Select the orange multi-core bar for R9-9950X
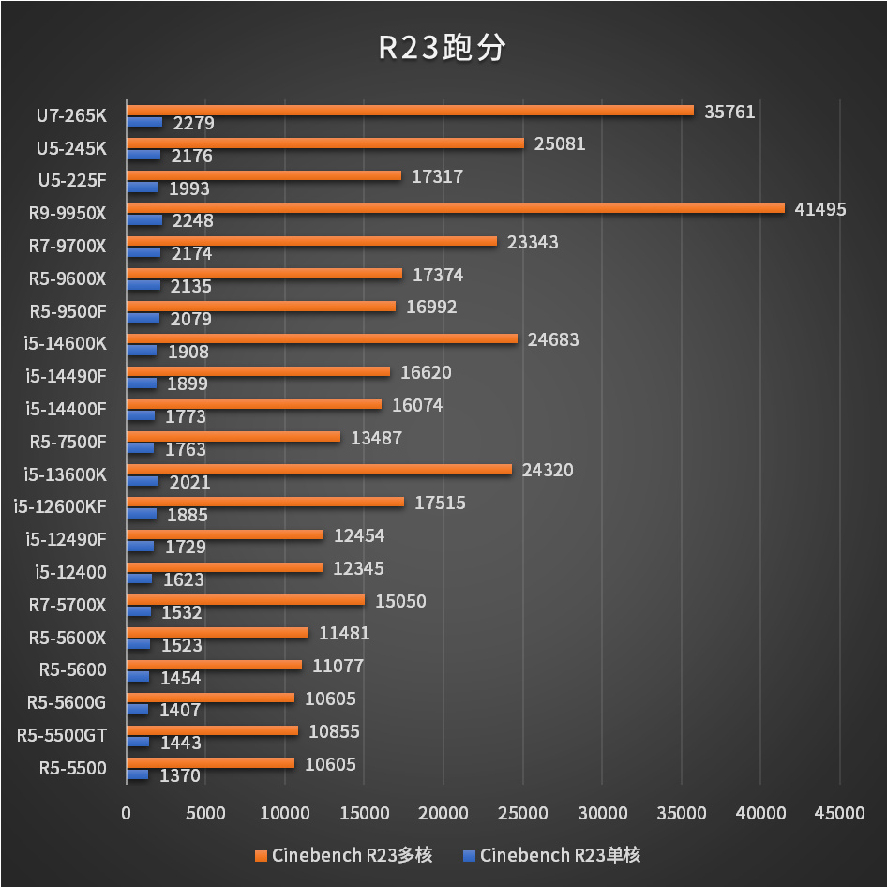click(455, 208)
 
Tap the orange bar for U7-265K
click(410, 111)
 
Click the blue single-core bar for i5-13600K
click(143, 481)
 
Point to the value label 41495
click(819, 209)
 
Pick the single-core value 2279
click(193, 124)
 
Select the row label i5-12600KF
click(60, 507)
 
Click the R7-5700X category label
click(68, 605)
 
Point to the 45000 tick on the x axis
click(839, 813)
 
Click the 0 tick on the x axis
click(127, 813)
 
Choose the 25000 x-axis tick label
click(522, 813)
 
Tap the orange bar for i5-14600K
click(322, 338)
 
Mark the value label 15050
click(400, 600)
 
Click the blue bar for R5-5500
click(138, 774)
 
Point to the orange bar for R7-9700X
click(311, 241)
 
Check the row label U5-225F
click(72, 181)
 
